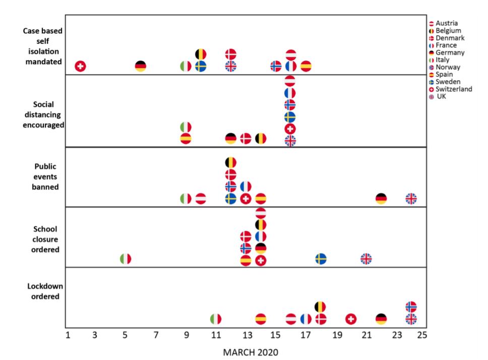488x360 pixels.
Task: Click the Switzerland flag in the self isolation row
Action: pos(80,66)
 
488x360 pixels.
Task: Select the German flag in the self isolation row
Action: pos(141,66)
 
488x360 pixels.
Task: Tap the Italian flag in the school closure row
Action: pos(126,259)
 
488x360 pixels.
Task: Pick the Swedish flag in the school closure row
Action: pos(321,259)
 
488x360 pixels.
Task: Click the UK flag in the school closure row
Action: pos(366,259)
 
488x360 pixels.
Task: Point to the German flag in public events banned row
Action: pos(381,199)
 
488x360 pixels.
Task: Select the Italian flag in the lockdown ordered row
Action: pos(216,319)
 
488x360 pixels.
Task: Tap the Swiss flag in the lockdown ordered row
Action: pos(351,319)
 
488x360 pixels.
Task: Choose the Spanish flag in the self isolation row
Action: pos(306,66)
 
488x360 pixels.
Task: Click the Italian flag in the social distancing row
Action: pos(186,127)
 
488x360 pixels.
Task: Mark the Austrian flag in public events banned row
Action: pos(201,199)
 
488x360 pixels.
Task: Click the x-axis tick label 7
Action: pos(156,335)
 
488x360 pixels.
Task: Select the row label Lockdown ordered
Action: pos(43,292)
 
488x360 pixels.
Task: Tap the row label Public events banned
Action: pos(43,176)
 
